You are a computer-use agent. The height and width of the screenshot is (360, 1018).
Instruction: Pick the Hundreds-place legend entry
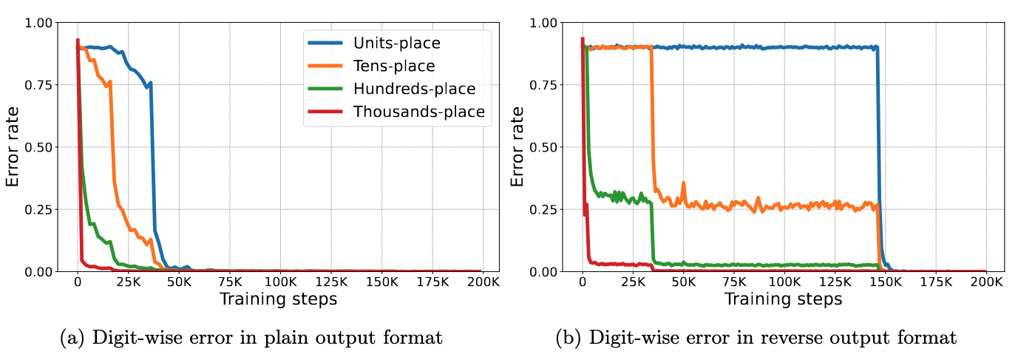tap(414, 89)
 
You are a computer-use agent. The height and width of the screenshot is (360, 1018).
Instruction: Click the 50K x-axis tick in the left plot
tap(179, 282)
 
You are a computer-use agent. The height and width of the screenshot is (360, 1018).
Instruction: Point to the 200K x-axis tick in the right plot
tap(986, 282)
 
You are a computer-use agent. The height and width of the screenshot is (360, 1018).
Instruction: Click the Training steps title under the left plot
tap(279, 299)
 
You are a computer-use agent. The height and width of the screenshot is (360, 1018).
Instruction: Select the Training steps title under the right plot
tap(784, 299)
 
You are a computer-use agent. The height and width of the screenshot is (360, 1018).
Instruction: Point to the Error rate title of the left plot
tap(13, 146)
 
